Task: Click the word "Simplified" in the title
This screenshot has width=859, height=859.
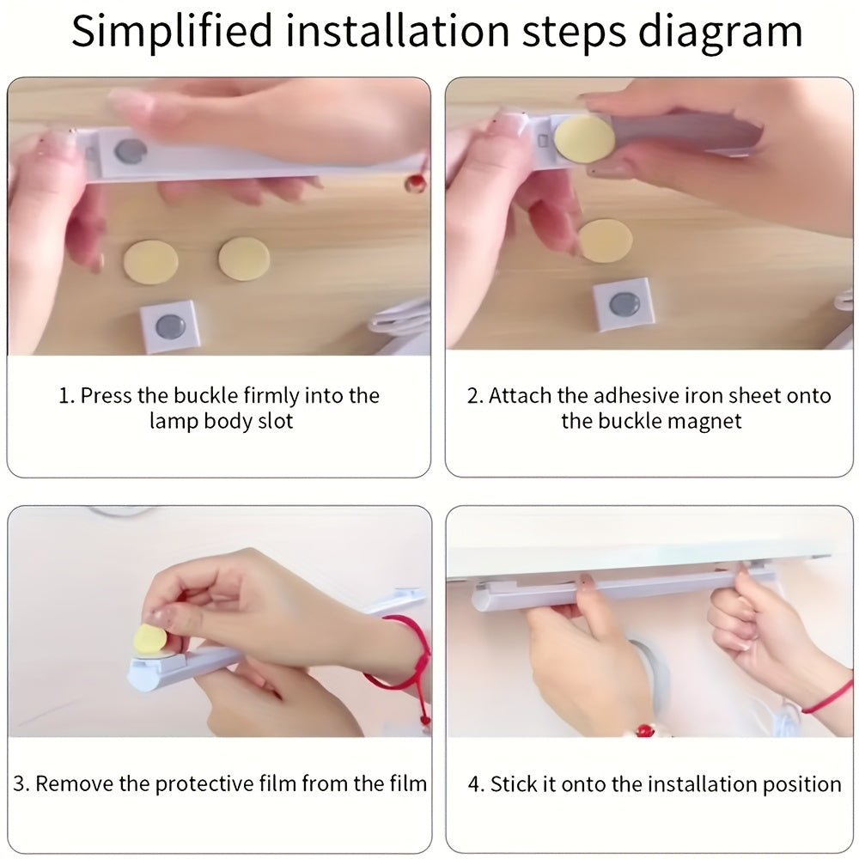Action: click(172, 31)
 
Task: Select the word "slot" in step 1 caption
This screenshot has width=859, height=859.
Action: click(275, 421)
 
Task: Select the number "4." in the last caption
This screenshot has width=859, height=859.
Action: click(476, 784)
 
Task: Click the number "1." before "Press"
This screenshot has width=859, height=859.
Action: click(66, 395)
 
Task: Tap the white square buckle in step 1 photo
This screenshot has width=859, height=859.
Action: click(168, 326)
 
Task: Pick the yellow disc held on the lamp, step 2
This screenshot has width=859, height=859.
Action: click(584, 138)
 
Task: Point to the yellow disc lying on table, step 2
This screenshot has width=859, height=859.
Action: click(606, 240)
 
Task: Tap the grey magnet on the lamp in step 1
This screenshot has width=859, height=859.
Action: click(131, 151)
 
